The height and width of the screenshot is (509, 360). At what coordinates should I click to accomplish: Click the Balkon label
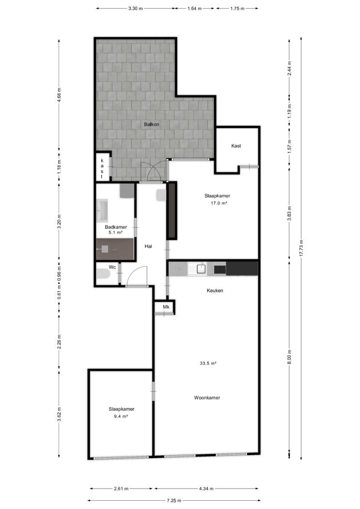[152, 124]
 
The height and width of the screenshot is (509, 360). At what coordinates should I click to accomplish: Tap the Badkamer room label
[116, 227]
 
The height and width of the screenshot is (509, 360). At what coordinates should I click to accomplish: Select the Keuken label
[215, 290]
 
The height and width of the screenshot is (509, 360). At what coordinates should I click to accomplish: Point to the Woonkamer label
[207, 398]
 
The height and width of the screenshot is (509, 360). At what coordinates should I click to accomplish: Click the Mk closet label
[166, 307]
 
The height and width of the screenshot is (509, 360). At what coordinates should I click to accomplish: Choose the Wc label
[112, 267]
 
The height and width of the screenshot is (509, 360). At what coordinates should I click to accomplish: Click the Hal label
[148, 246]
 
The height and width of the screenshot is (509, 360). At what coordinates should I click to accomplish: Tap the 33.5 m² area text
[208, 364]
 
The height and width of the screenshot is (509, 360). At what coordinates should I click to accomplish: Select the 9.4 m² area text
[121, 416]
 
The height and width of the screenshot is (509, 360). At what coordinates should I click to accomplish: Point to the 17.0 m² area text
[219, 203]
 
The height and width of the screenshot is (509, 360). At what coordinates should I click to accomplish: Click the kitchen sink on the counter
[197, 269]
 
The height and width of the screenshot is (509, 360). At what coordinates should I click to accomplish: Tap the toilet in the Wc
[103, 274]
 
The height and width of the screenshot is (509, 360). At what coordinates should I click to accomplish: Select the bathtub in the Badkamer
[103, 210]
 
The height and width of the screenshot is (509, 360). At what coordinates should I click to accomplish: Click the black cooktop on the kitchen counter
[220, 270]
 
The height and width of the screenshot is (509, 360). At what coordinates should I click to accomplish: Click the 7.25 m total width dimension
[174, 501]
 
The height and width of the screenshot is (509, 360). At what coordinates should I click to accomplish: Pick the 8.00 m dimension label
[289, 356]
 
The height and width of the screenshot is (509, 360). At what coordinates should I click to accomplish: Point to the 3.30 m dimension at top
[135, 8]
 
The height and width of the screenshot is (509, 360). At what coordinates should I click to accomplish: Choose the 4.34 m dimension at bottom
[206, 489]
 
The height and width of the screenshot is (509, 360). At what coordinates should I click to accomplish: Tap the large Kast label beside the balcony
[236, 146]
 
